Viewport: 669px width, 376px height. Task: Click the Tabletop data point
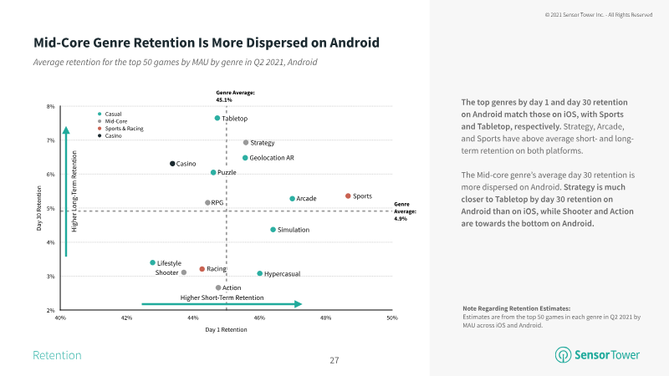[217, 119]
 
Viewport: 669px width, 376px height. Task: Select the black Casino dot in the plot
[172, 164]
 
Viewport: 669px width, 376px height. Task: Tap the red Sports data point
[348, 196]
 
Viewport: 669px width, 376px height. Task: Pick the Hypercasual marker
[260, 273]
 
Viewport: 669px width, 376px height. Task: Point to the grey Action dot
[218, 287]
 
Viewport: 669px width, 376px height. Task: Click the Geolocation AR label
[272, 158]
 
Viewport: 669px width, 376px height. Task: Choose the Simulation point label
[294, 230]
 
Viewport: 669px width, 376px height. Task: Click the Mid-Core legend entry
[115, 121]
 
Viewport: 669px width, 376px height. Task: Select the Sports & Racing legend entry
[123, 129]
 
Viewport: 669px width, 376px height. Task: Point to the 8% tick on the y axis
[51, 106]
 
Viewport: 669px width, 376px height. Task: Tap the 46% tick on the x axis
[259, 318]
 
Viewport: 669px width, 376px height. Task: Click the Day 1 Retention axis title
[226, 330]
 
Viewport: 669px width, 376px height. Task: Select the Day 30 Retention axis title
[38, 208]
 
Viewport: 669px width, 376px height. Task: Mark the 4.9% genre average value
[401, 218]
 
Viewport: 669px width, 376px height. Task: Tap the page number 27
[334, 360]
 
